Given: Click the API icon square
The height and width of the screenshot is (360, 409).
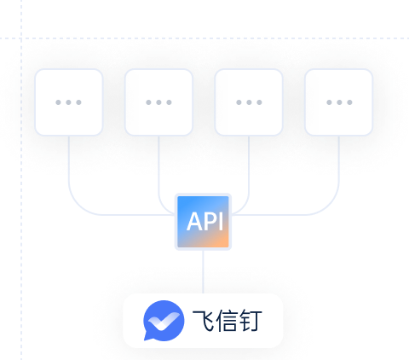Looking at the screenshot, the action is (203, 222).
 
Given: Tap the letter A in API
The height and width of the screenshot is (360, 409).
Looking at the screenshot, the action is (196, 222).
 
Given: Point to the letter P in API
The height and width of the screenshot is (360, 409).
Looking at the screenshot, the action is (212, 222).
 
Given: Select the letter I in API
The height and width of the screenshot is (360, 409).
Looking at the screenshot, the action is (222, 222).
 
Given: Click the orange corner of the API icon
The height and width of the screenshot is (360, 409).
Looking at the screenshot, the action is (223, 242).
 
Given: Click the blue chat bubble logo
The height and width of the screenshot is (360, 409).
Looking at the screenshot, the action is (164, 321).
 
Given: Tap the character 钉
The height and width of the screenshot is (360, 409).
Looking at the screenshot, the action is (251, 321).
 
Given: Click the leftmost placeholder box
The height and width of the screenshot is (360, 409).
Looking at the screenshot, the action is (69, 102).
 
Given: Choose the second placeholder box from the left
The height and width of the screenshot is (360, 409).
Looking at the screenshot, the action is (158, 102).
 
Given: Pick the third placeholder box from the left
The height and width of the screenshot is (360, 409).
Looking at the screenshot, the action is (249, 102).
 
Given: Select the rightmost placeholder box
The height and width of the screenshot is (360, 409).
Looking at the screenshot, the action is (339, 102).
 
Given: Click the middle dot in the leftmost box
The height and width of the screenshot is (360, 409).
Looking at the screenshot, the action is (68, 102).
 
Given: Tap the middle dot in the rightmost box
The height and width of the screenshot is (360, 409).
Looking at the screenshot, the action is (339, 102).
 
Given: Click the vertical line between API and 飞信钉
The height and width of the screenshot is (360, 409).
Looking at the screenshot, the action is (203, 272).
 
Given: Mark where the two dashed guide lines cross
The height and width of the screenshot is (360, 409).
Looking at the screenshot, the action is (21, 38).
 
